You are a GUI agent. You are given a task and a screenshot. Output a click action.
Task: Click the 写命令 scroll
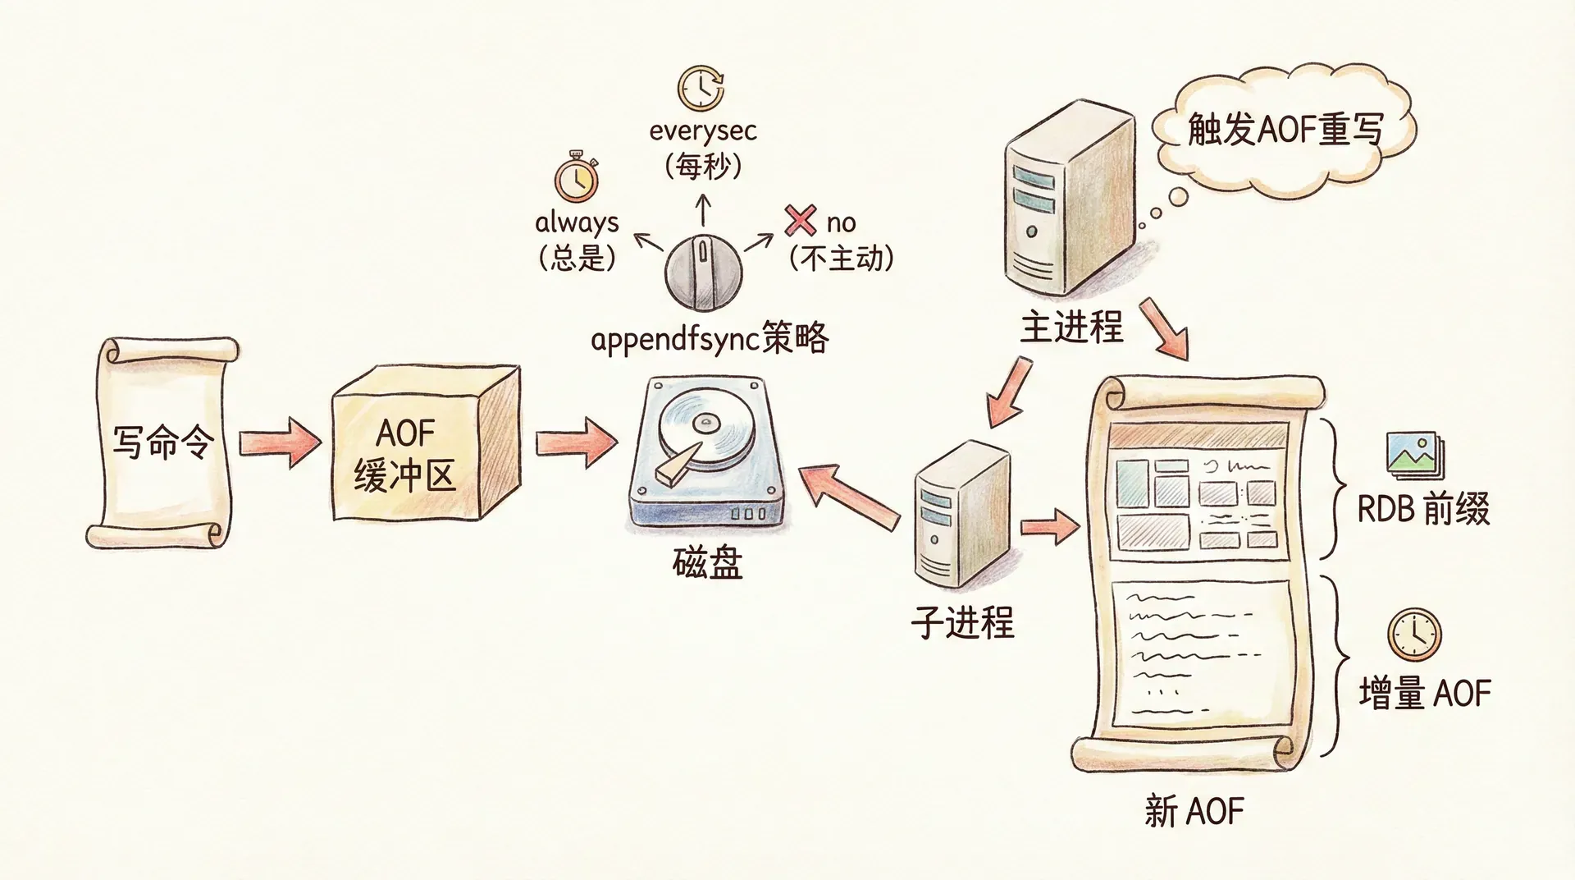click(162, 443)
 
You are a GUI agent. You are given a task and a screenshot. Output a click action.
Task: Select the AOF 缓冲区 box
click(424, 444)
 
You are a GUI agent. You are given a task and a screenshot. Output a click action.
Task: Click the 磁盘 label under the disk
click(707, 563)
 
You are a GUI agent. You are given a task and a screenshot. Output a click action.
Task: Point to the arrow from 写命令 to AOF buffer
click(280, 442)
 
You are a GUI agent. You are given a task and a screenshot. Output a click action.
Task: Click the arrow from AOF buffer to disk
click(576, 442)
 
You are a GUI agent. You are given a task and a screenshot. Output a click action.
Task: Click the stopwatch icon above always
click(576, 176)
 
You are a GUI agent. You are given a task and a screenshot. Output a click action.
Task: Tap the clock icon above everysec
click(701, 87)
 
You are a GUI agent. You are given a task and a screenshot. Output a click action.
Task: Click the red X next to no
click(800, 220)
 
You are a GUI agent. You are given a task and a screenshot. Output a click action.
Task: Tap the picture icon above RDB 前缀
click(1415, 455)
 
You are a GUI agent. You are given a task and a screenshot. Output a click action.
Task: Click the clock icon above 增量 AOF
click(1414, 635)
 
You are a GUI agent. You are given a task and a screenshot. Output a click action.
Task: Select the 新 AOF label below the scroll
click(1194, 811)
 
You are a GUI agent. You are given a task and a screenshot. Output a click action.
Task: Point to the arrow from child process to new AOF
click(1050, 526)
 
